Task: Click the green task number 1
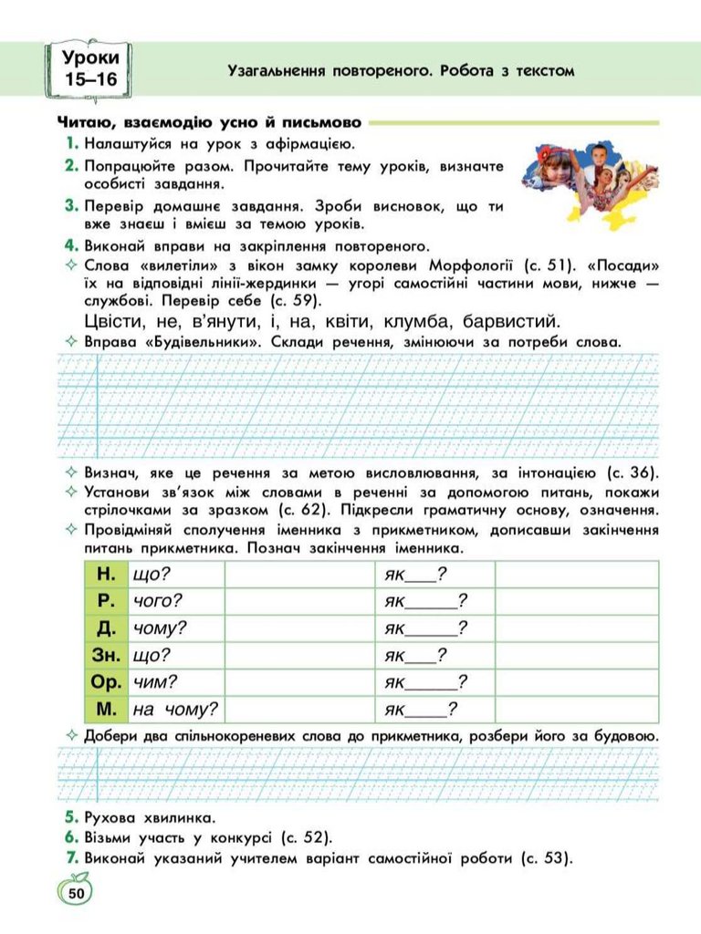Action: (71, 143)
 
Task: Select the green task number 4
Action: (70, 245)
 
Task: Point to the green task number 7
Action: (70, 857)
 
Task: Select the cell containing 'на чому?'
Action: (175, 710)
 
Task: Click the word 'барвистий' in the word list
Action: (511, 321)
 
